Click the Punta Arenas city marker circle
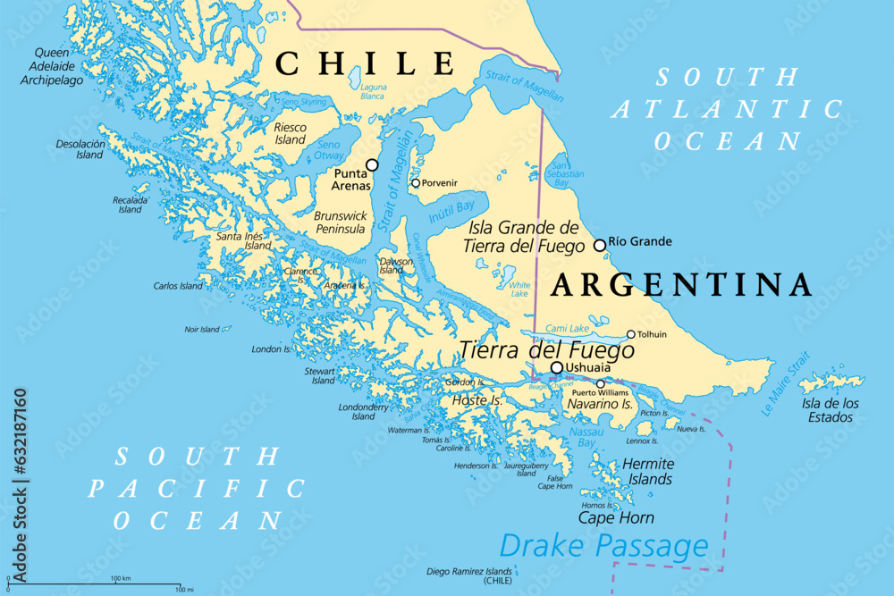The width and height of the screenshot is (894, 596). point(373,165)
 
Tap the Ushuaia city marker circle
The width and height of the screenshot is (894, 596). point(557,367)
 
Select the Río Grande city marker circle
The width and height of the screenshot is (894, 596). point(600,245)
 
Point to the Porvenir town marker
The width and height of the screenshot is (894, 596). point(416,183)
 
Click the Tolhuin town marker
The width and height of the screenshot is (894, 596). point(631,335)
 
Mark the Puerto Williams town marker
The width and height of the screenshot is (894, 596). point(601,384)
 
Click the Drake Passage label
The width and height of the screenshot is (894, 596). point(603,544)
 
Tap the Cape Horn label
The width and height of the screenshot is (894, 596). point(616,517)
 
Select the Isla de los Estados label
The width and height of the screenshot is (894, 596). point(828,409)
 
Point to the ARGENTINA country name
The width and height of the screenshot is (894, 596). point(681,285)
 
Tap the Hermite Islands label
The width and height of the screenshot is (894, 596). point(648,472)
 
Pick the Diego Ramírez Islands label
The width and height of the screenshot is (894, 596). point(468,575)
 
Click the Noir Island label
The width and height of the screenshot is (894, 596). point(203,329)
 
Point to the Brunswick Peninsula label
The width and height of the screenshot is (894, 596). point(340,222)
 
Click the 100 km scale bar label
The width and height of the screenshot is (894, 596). point(121,579)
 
